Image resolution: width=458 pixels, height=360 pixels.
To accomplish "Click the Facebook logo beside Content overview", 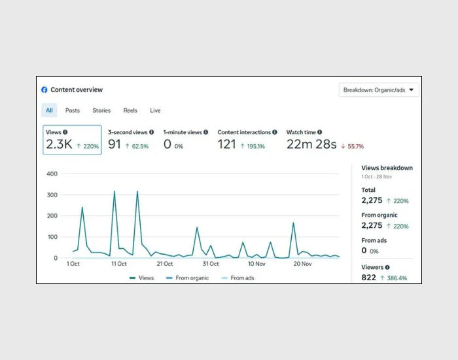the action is pyautogui.click(x=44, y=90).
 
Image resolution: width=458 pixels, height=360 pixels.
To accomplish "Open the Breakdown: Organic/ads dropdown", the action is pyautogui.click(x=379, y=90).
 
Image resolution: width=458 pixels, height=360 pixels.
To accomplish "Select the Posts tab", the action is pyautogui.click(x=73, y=111).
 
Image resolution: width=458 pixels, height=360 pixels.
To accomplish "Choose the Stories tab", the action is pyautogui.click(x=101, y=111).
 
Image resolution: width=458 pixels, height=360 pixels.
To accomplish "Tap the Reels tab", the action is pyautogui.click(x=130, y=111).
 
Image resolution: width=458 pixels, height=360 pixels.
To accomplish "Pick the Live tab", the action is pyautogui.click(x=155, y=111).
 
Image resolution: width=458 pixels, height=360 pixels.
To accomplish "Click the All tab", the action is pyautogui.click(x=49, y=110).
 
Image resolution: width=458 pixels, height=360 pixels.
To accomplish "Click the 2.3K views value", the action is pyautogui.click(x=59, y=145).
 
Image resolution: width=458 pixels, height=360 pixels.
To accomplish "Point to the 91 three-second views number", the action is pyautogui.click(x=114, y=145).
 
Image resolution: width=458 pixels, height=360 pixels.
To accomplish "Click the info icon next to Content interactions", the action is pyautogui.click(x=275, y=132).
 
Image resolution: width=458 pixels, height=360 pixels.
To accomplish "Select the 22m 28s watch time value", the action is pyautogui.click(x=311, y=145).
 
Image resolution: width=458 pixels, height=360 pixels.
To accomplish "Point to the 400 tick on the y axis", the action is pyautogui.click(x=52, y=174).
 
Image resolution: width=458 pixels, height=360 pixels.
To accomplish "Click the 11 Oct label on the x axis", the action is pyautogui.click(x=119, y=264).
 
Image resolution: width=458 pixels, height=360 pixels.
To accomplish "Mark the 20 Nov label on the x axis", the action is pyautogui.click(x=302, y=264).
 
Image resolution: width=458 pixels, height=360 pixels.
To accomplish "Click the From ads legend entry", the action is pyautogui.click(x=238, y=278).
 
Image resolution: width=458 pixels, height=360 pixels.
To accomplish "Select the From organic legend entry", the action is pyautogui.click(x=188, y=278).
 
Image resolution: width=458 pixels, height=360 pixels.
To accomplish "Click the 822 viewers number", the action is pyautogui.click(x=368, y=278).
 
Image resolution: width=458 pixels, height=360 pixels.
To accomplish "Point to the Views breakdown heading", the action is pyautogui.click(x=387, y=168).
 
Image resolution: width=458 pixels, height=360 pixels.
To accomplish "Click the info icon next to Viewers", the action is pyautogui.click(x=387, y=267).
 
